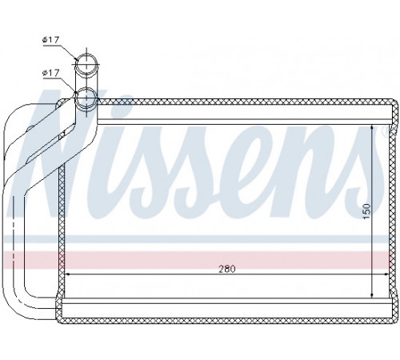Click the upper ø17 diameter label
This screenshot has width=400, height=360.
tap(50, 40)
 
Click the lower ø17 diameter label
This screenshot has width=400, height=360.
tap(50, 73)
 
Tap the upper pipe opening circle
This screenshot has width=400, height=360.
tap(86, 64)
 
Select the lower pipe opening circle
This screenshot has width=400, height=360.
tap(86, 99)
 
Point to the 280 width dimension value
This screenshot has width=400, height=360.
tap(227, 269)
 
